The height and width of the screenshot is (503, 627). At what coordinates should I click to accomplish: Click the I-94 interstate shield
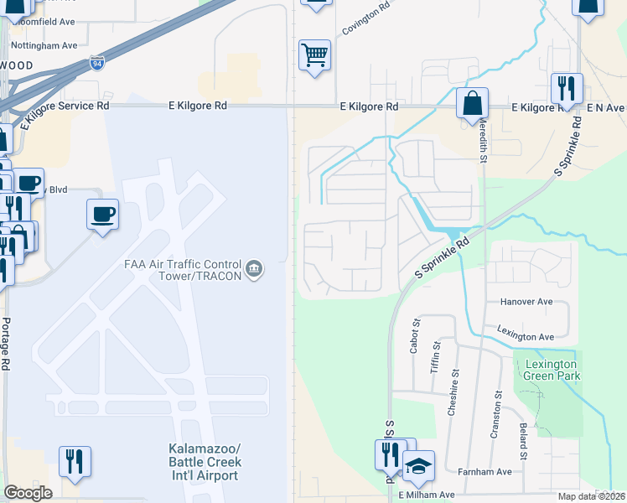98,63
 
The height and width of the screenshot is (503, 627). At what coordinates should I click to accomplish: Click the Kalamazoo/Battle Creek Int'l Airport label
205,462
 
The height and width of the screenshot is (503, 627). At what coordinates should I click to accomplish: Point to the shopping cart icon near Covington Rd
314,55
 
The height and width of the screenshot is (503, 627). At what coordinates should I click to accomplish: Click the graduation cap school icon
418,468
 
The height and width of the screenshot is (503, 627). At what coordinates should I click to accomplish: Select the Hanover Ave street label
526,301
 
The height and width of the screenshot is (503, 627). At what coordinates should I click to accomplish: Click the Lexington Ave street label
526,335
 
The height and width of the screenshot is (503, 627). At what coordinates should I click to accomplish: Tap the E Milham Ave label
426,495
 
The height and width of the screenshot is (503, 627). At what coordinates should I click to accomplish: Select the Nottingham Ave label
44,45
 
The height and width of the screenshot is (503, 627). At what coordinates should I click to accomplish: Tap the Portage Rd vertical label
6,344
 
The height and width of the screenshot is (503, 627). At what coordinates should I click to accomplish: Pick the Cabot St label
414,335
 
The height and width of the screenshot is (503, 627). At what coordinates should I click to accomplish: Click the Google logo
28,493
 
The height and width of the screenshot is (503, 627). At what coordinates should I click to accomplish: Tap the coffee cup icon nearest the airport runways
102,215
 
